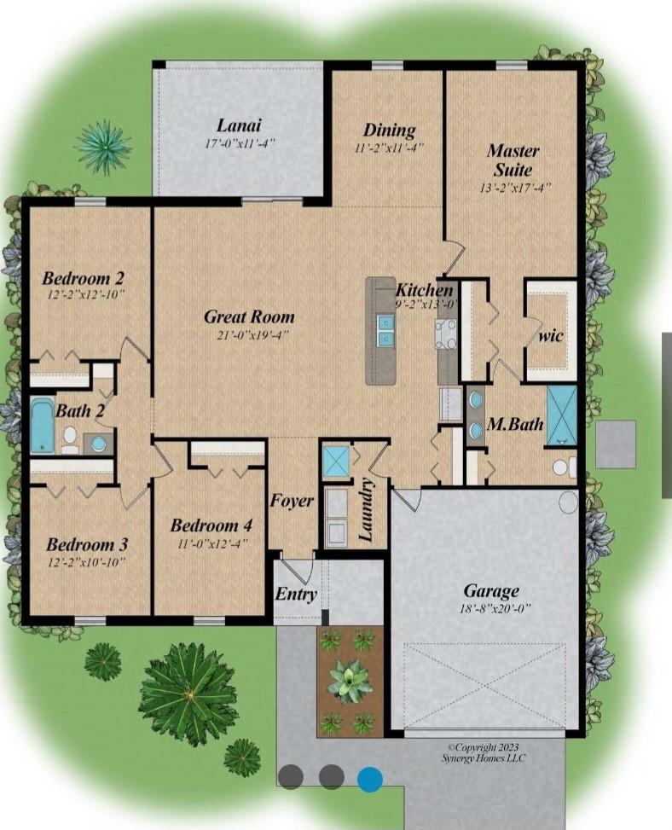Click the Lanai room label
[239, 126]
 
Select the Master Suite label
[513, 160]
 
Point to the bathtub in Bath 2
[43, 427]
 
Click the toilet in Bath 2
[70, 440]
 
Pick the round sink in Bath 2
[99, 443]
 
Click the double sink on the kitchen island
[385, 329]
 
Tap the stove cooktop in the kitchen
[445, 334]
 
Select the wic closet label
[551, 335]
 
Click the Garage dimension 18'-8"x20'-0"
[495, 609]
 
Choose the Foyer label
[292, 500]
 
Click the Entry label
[296, 594]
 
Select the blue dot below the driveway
[370, 779]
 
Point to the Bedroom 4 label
[211, 525]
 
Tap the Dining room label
[389, 131]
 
